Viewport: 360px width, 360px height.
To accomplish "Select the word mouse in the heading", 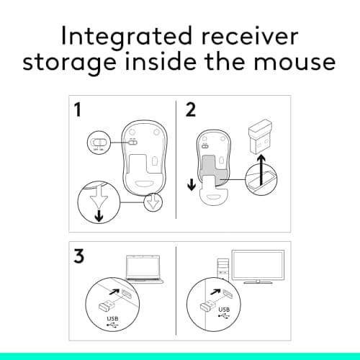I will coord(296,63).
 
